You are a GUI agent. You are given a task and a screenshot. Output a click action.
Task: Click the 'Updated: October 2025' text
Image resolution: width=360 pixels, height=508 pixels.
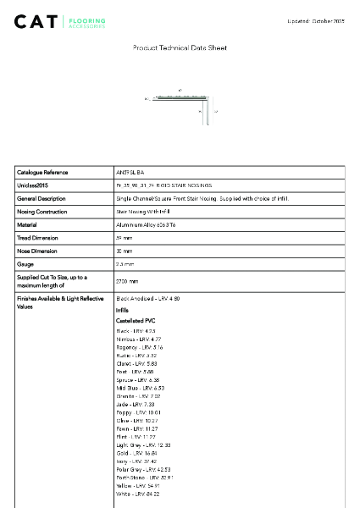(317, 19)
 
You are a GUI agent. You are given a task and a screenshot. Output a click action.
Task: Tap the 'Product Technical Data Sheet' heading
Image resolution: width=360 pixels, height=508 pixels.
(180, 48)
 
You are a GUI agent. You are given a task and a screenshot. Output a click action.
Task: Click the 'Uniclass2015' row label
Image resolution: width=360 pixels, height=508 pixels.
(34, 185)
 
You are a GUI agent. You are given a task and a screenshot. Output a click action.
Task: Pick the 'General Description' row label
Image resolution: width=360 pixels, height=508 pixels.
(41, 198)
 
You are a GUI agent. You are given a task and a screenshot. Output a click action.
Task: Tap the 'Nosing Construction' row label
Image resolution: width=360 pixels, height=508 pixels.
(42, 212)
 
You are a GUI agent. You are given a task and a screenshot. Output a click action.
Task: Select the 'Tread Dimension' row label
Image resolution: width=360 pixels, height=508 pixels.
(37, 238)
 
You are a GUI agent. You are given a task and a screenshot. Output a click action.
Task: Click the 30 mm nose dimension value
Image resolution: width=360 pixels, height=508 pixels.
(125, 251)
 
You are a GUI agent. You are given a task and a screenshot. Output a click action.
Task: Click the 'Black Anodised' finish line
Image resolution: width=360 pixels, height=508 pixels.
(148, 299)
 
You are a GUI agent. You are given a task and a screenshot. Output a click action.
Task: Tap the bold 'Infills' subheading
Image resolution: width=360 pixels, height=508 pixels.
(123, 311)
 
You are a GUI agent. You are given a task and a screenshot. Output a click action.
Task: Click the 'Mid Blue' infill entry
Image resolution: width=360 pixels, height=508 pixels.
(134, 388)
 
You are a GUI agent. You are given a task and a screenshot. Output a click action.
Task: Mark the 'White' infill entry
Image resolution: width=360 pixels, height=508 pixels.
(137, 494)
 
